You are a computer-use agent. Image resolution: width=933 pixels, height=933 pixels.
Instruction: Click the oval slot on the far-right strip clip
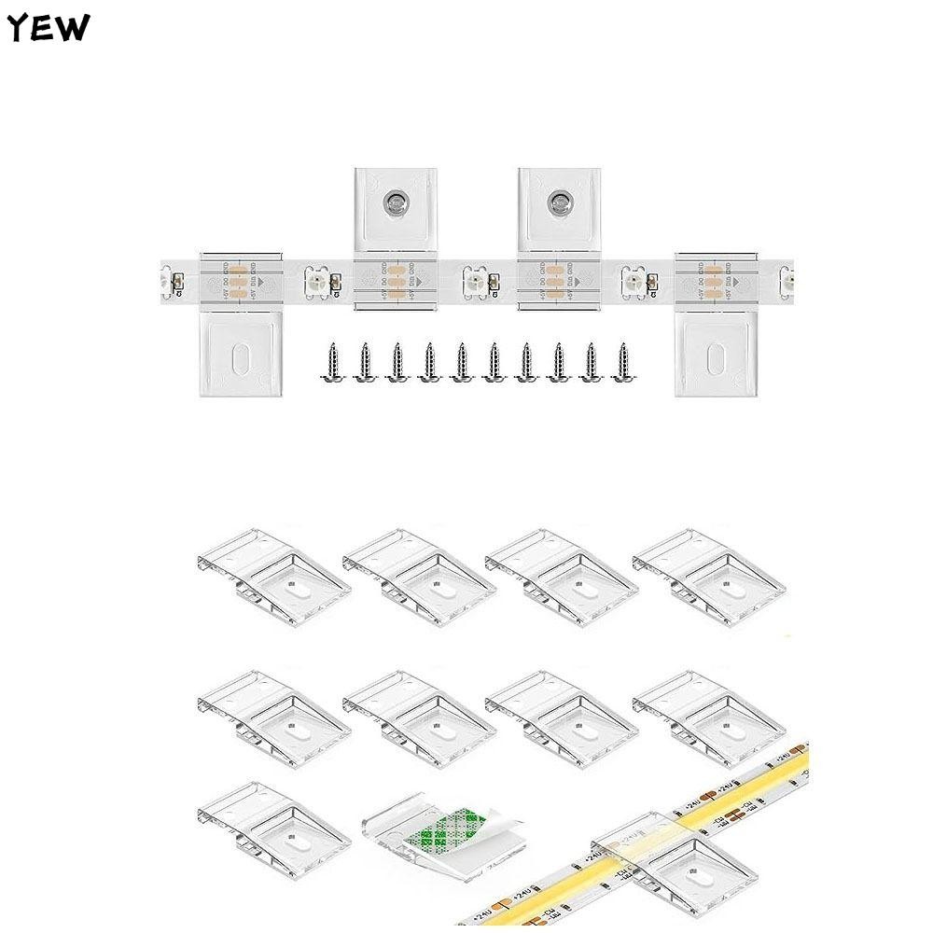tap(717, 358)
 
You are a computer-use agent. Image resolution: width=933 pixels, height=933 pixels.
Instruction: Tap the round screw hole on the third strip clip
tap(559, 200)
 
